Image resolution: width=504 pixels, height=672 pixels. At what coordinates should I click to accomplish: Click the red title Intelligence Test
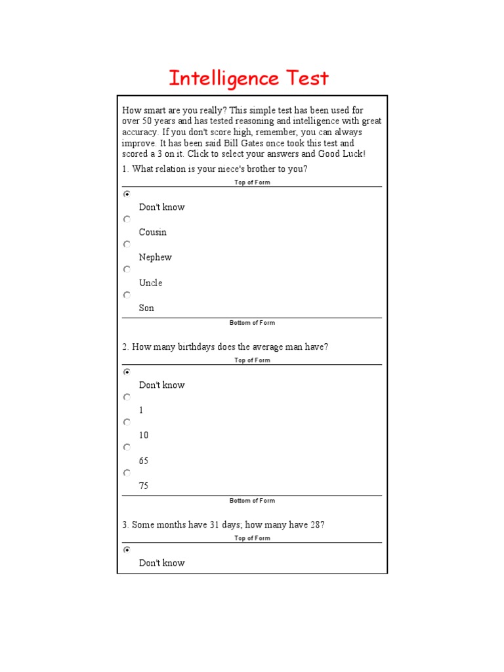click(249, 79)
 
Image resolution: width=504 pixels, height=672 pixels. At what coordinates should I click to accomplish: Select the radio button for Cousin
click(127, 219)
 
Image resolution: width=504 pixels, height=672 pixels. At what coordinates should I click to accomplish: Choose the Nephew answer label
click(155, 257)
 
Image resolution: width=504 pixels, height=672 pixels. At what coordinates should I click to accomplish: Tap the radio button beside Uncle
click(127, 270)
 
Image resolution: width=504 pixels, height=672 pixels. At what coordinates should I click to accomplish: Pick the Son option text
click(146, 308)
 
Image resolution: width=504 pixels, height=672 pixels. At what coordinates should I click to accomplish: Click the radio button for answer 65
click(127, 448)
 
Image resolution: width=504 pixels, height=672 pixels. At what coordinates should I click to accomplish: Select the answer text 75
click(144, 486)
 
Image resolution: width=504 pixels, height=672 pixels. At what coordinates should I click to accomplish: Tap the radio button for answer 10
click(127, 422)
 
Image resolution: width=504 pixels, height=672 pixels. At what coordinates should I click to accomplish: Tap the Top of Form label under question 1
click(252, 182)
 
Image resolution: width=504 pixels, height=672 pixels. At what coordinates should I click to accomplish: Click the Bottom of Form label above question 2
click(252, 323)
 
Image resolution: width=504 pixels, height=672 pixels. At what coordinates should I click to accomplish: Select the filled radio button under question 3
click(127, 550)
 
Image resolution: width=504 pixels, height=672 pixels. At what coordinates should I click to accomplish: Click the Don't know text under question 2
click(161, 385)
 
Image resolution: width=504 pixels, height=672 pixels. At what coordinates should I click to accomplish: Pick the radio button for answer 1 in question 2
click(127, 397)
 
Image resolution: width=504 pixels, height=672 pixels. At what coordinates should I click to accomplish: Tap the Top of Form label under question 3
click(252, 538)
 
